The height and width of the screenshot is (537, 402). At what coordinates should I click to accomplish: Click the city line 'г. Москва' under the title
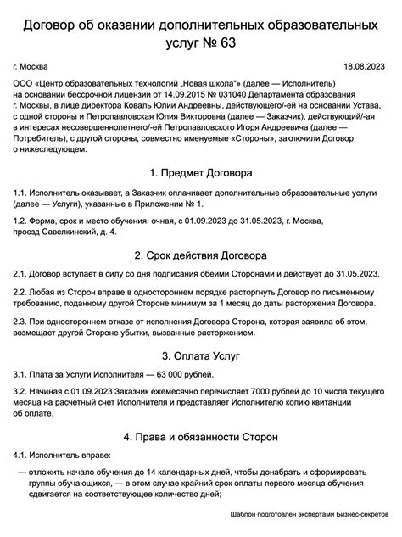[31, 66]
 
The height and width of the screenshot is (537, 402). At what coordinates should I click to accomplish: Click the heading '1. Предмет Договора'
[201, 172]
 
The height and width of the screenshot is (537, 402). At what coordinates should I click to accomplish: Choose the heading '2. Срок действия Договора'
[201, 255]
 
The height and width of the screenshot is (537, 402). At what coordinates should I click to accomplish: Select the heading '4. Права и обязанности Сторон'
[201, 438]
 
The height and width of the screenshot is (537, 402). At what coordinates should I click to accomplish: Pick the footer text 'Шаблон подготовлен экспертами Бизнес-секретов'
[309, 514]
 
